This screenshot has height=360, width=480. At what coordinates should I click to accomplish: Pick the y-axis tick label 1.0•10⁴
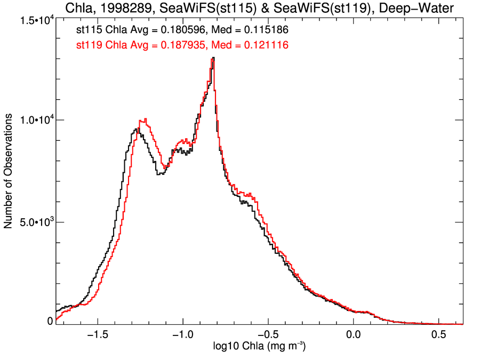(35, 121)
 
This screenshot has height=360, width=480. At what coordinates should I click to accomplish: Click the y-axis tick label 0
(50, 321)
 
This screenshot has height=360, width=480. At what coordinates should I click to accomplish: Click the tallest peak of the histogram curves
(213, 58)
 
